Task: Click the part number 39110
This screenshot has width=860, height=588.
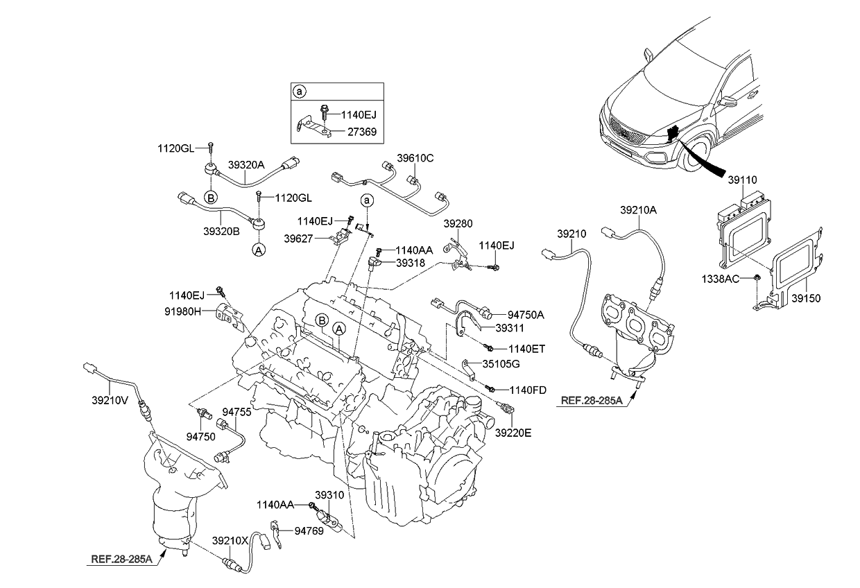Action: point(742,180)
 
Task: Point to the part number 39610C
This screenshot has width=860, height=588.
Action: point(415,158)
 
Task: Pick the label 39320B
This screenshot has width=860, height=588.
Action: point(222,231)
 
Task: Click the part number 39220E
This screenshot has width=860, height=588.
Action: point(513,433)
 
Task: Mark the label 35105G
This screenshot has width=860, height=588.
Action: point(501,363)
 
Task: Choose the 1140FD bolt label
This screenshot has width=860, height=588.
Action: point(529,390)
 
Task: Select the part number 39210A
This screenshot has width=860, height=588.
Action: point(638,208)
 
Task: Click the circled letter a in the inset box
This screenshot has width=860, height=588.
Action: point(299,92)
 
